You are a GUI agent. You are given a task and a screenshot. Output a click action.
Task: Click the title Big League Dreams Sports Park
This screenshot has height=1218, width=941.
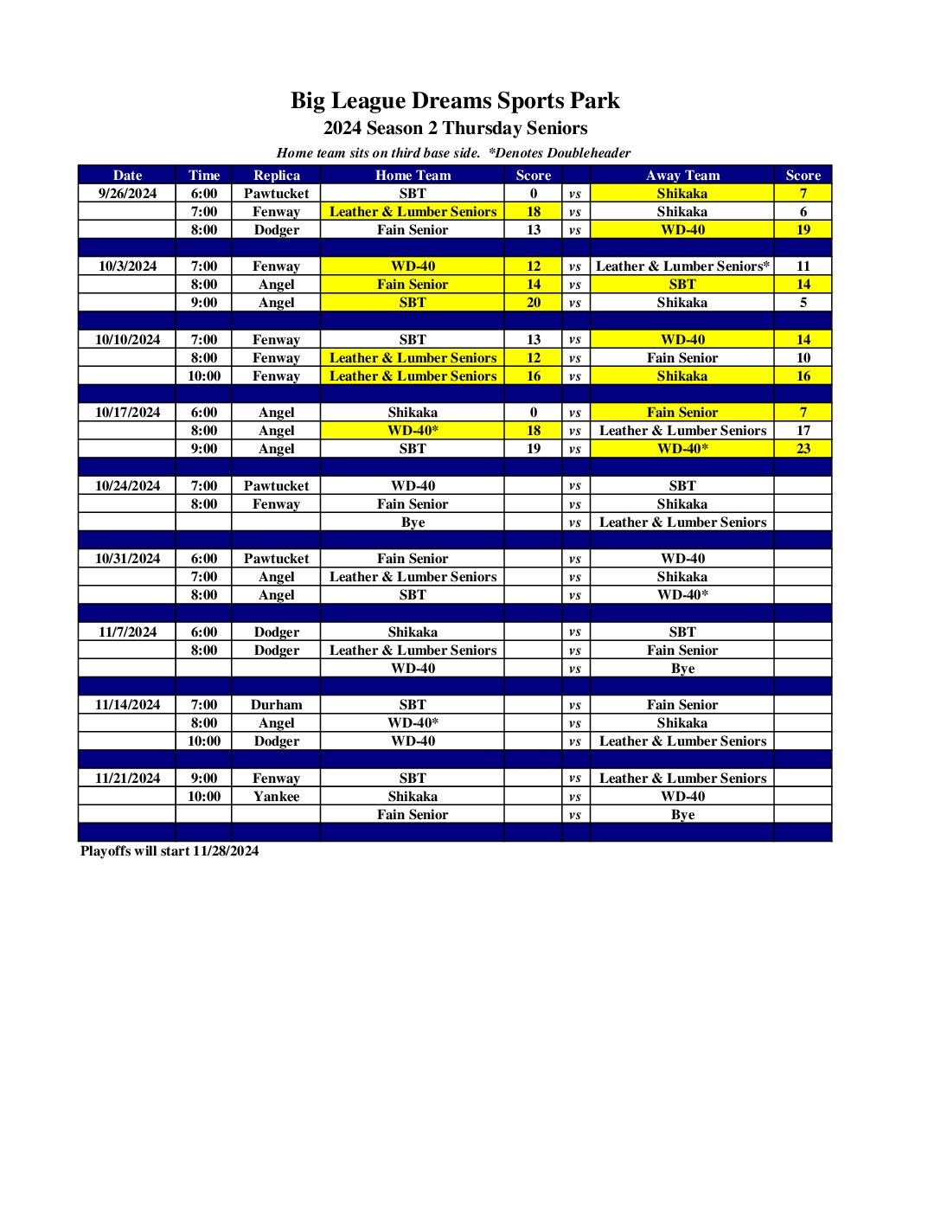point(455,101)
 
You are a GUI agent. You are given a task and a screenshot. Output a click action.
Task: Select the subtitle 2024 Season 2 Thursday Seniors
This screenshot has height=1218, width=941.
point(455,128)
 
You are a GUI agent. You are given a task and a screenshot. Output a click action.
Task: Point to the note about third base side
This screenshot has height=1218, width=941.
point(378,153)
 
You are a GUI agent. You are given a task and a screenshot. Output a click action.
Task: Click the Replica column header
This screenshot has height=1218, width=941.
point(276,175)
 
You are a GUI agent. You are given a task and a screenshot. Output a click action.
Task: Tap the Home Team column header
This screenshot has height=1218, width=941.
point(413,175)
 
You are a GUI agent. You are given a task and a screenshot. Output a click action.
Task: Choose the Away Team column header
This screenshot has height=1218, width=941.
point(682,175)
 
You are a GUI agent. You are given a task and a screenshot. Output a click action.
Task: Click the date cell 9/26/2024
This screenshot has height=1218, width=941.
point(127,194)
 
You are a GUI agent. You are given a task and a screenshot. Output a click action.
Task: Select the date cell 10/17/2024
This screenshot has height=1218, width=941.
point(127,413)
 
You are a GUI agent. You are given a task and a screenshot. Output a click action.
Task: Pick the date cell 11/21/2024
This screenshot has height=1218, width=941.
point(127,779)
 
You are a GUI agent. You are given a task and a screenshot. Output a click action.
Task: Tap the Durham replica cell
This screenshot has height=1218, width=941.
point(276,705)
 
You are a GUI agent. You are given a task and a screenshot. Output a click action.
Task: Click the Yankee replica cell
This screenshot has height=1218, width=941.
point(276,797)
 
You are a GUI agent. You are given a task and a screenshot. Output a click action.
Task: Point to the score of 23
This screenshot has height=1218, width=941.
point(803,449)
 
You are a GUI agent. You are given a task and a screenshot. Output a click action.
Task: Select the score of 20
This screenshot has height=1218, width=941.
point(534,303)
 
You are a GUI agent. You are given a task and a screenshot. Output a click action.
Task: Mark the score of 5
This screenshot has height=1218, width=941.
point(803,303)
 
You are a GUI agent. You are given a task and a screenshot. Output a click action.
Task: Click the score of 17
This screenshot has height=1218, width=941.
point(803,431)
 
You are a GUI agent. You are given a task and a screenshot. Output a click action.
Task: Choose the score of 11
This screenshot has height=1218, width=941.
point(803,266)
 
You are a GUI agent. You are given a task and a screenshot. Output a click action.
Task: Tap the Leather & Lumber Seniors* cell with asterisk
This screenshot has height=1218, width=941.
point(682,266)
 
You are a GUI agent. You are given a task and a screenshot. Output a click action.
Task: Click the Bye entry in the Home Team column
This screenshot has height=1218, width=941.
point(413,522)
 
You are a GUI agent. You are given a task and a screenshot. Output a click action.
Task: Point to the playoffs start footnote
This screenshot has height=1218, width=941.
point(170,851)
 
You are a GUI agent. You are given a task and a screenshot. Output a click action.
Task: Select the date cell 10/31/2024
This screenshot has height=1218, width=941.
point(127,559)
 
